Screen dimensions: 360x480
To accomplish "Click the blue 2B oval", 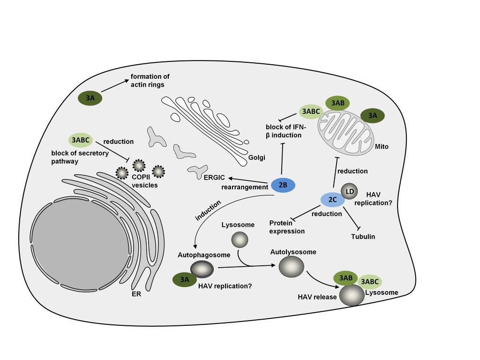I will click(283, 185).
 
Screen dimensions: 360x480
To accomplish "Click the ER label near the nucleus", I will click(136, 295).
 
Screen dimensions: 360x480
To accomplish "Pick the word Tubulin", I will click(363, 237).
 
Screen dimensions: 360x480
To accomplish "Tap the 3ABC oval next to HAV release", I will click(370, 281).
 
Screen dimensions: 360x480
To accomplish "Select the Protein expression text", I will click(287, 227).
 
